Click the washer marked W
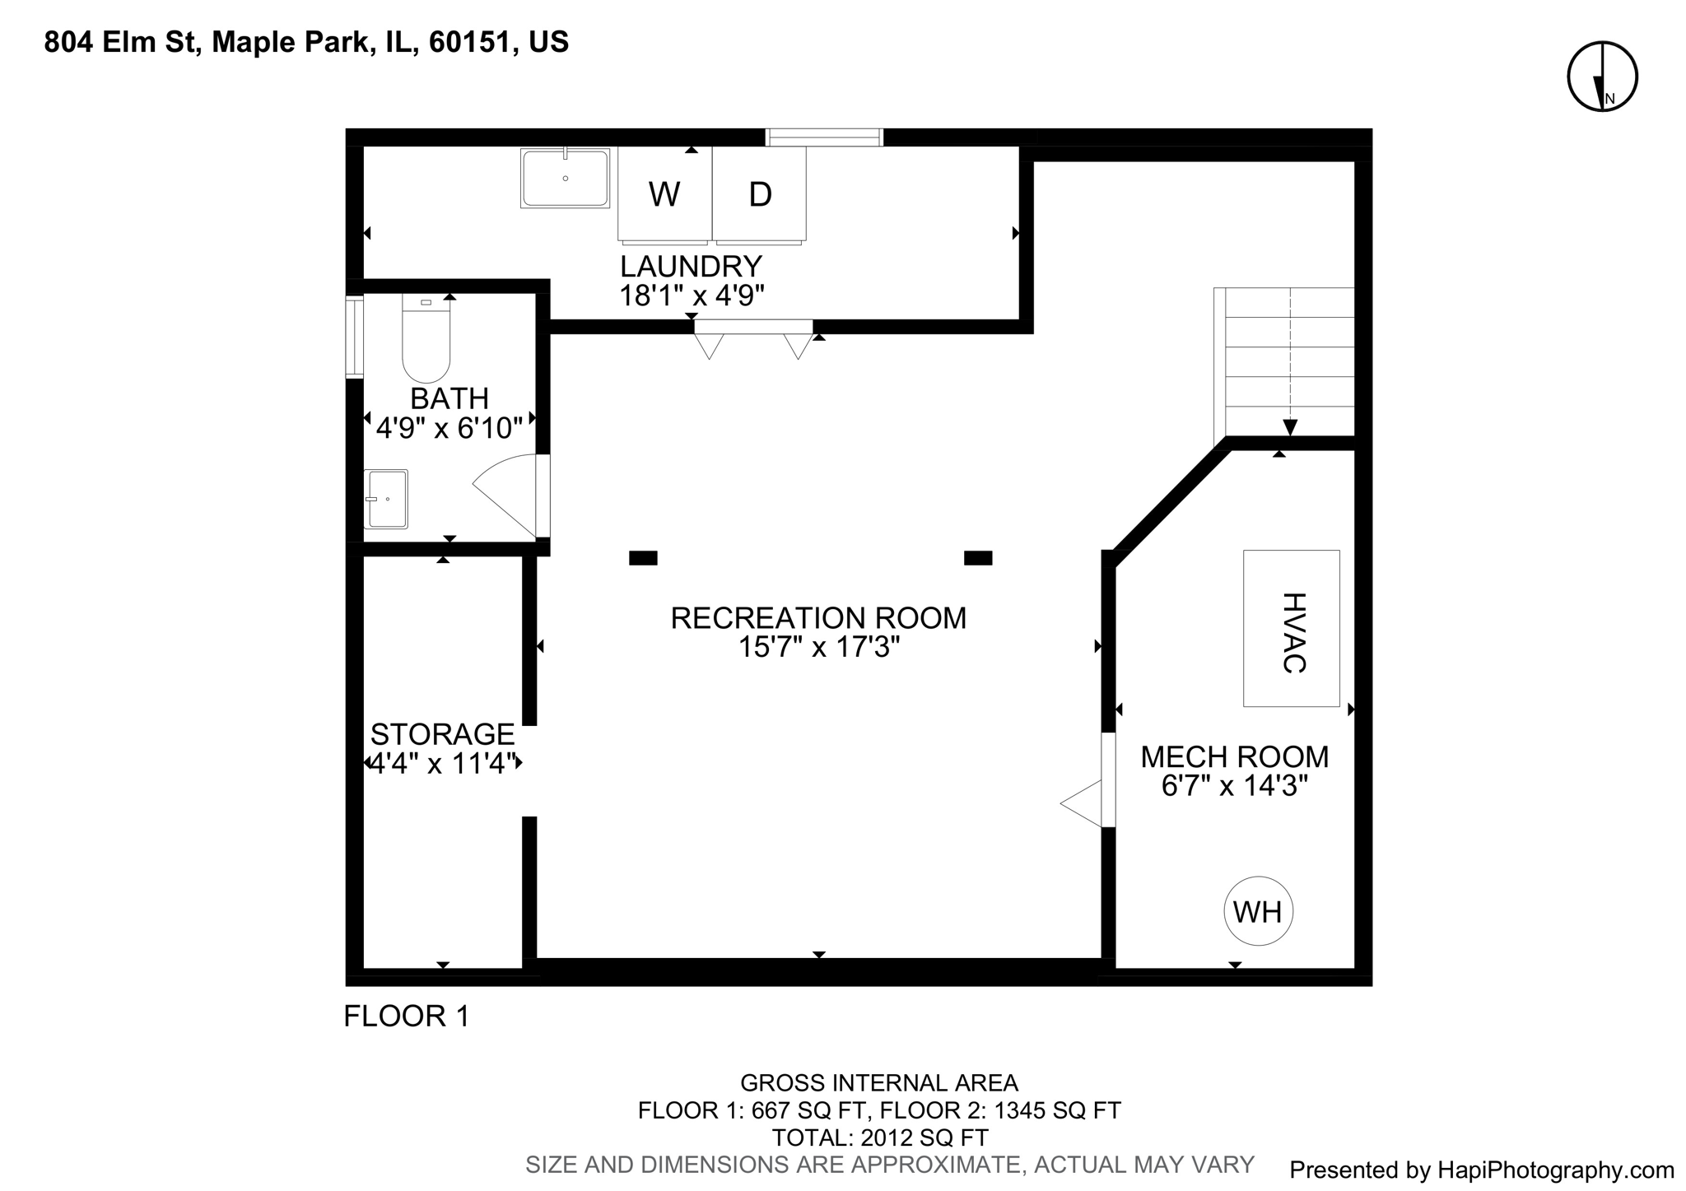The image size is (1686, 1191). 664,194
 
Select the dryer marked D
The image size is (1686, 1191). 759,194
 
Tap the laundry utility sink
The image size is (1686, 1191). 565,178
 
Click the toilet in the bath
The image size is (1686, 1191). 426,342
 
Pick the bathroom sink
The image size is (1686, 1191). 386,499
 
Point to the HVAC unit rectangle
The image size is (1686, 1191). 1291,628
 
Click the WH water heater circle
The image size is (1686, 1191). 1258,911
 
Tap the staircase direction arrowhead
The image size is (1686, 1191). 1290,427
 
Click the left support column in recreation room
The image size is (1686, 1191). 643,558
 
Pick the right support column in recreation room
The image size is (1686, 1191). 978,558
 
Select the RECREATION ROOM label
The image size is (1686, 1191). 818,618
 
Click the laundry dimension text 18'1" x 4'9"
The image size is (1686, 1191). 692,295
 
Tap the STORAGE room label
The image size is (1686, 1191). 442,733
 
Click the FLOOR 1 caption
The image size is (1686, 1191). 406,1017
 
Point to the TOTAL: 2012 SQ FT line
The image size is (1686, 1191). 879,1138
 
